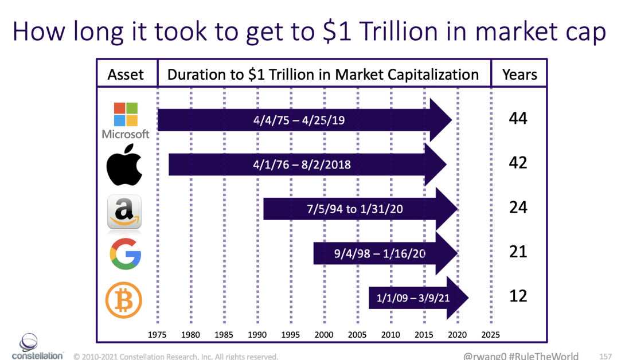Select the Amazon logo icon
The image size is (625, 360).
coord(124,212)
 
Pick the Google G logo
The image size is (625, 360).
coord(125,253)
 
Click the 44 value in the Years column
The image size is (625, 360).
coord(518,119)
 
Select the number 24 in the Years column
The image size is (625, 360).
coord(518,207)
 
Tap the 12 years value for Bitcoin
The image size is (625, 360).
coord(518,296)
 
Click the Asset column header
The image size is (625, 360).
coord(126,75)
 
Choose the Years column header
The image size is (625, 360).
coord(519,75)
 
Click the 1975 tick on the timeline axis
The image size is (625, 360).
coord(158,335)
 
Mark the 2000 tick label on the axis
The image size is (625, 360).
coord(324,335)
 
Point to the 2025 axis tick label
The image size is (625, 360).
coord(491,335)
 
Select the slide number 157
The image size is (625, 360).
coord(606,356)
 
